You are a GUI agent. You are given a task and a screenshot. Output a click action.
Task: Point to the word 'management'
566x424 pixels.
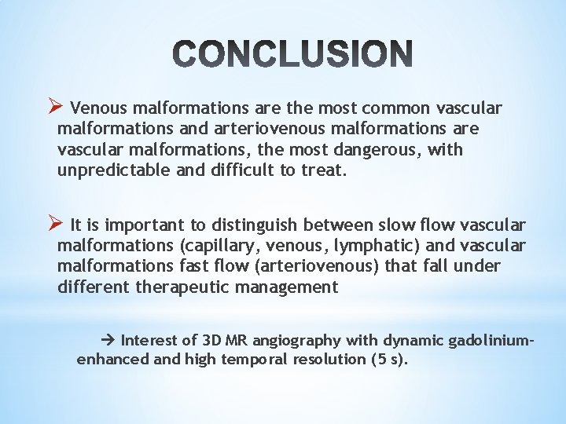(x=291, y=287)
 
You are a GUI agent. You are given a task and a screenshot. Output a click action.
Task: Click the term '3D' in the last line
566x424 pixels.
(x=212, y=340)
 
